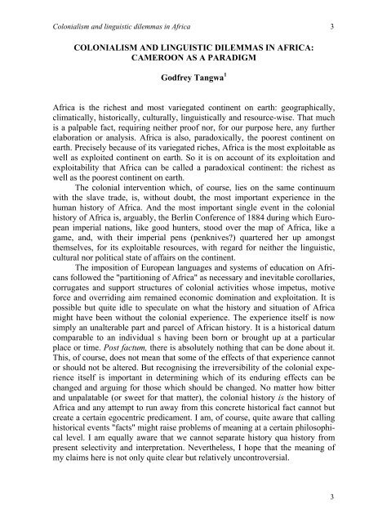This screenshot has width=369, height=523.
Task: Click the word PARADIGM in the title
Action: (266, 60)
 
